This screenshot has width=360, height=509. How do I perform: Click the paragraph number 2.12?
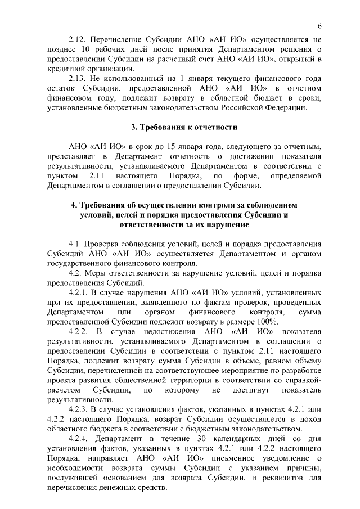pos(77,41)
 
